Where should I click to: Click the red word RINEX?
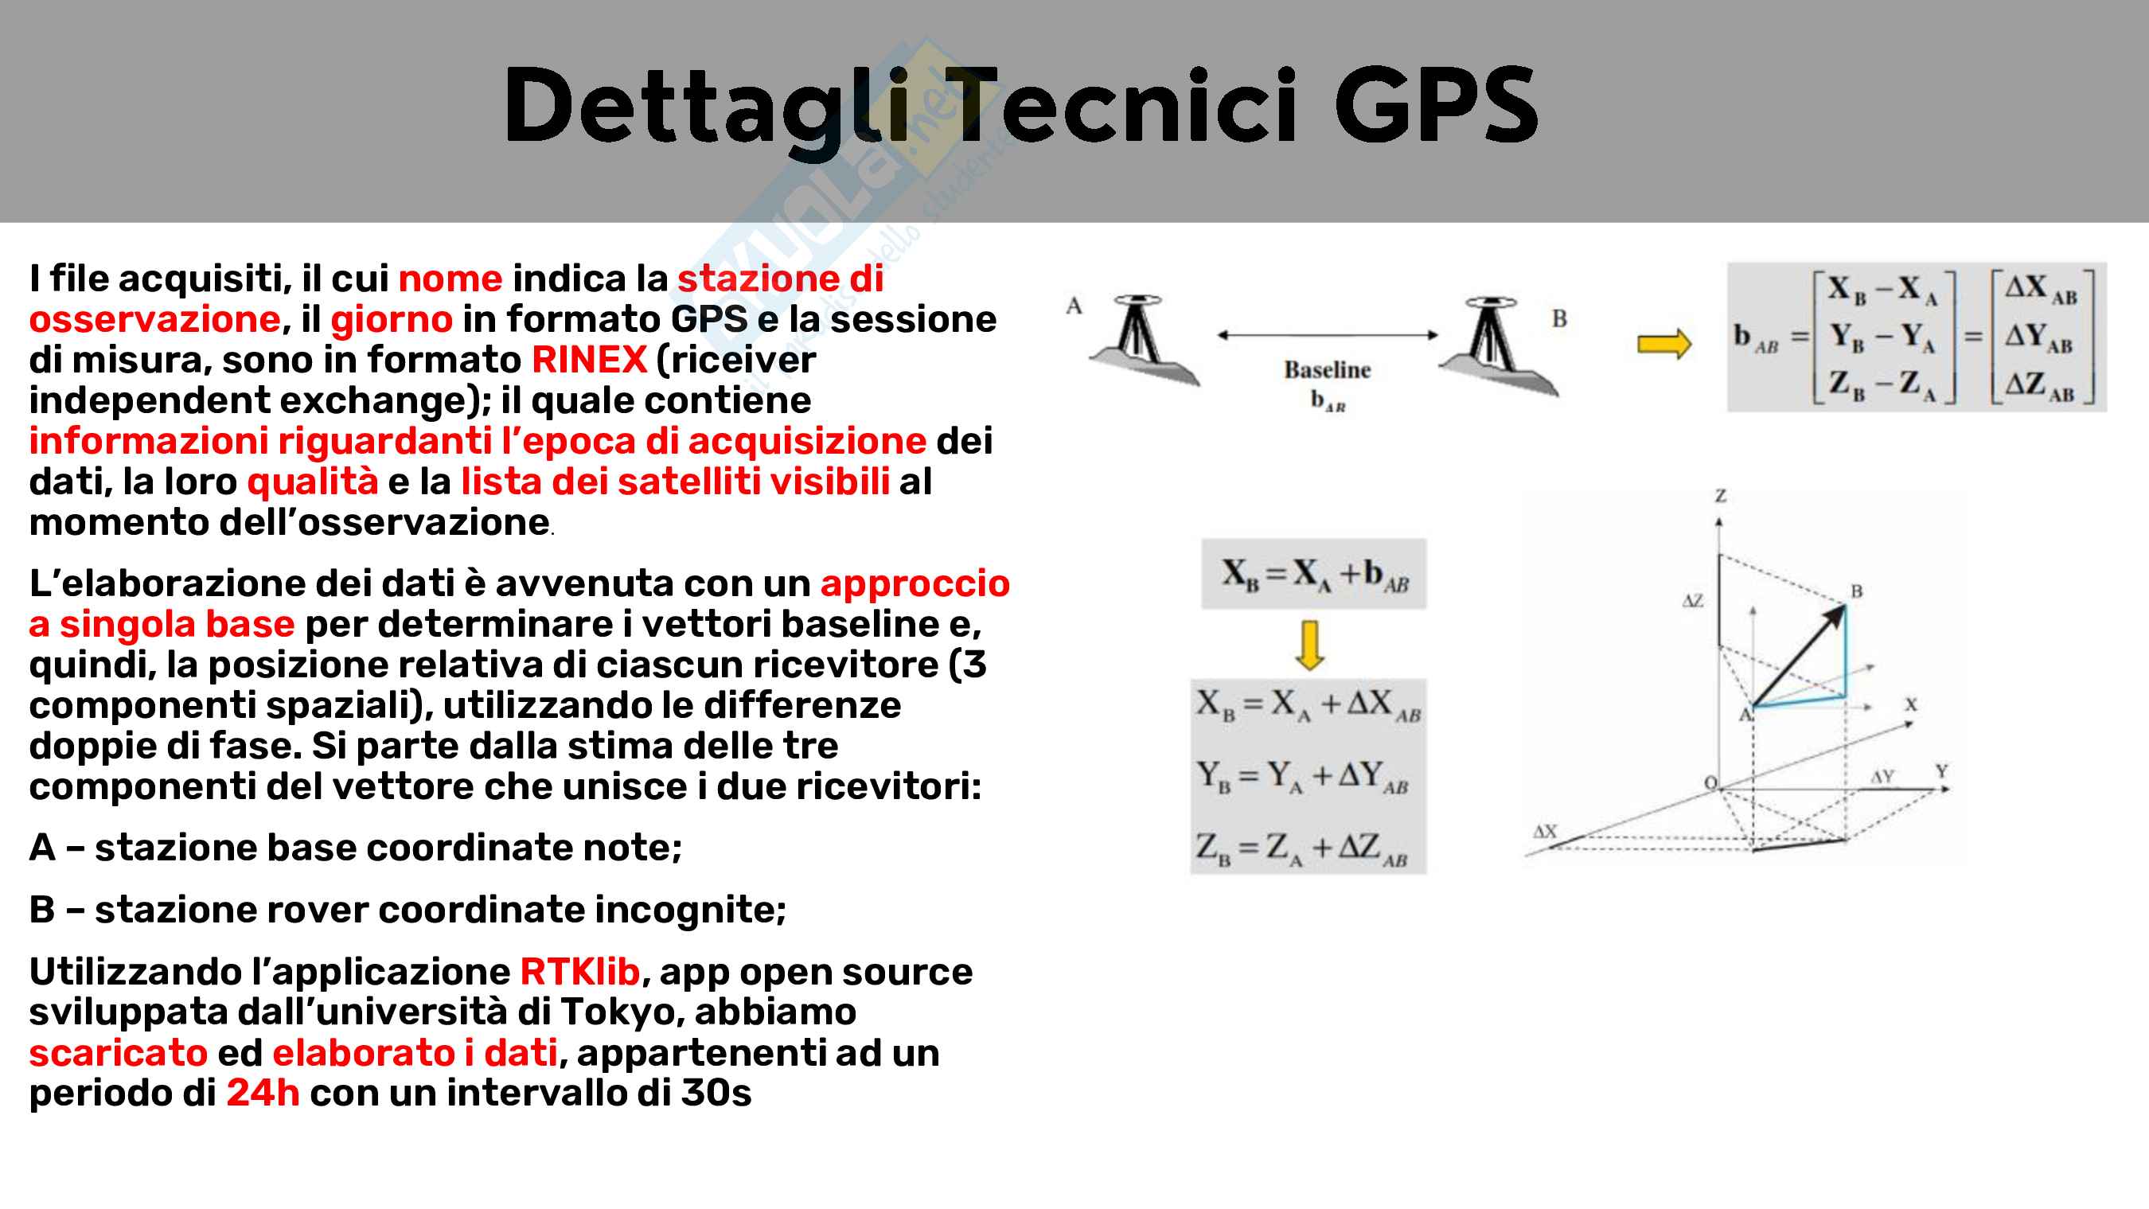point(589,360)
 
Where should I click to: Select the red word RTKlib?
point(579,971)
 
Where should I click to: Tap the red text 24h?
point(263,1092)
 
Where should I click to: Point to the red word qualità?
point(313,482)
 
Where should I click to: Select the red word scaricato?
point(118,1052)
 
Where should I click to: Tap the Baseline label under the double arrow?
point(1328,369)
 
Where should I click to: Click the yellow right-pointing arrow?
point(1663,343)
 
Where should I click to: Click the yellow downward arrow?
point(1310,645)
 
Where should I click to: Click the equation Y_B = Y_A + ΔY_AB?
point(1302,777)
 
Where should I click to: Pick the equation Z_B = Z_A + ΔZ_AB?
point(1302,848)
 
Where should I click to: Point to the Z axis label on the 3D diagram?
point(1720,496)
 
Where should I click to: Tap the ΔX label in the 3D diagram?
point(1544,831)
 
